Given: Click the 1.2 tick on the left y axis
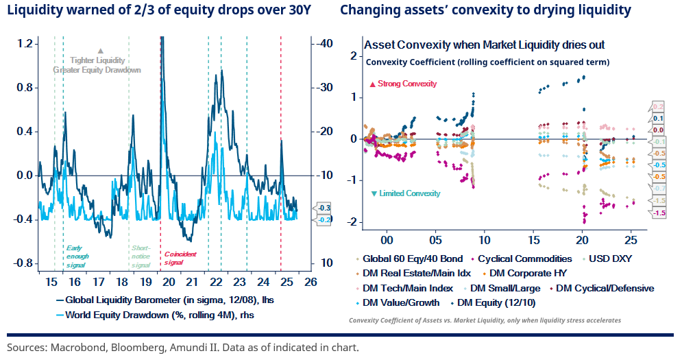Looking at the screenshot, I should pos(25,43).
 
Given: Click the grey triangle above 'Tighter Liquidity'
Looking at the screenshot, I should pos(101,51).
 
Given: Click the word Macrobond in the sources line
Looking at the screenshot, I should pos(73,347).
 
